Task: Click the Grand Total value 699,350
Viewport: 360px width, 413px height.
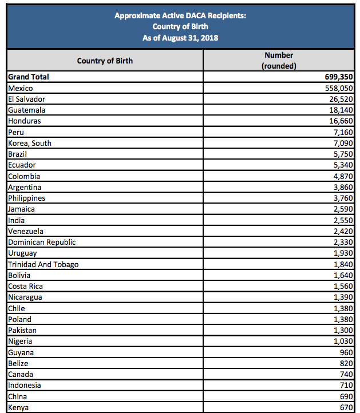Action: pyautogui.click(x=338, y=77)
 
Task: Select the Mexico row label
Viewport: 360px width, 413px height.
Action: pyautogui.click(x=21, y=88)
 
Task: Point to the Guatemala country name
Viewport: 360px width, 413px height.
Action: pyautogui.click(x=27, y=110)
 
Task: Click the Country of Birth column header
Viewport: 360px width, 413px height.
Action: pyautogui.click(x=105, y=61)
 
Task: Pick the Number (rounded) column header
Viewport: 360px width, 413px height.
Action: pyautogui.click(x=279, y=61)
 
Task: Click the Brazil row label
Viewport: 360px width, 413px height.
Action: pyautogui.click(x=18, y=154)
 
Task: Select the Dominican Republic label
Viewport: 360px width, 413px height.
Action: pyautogui.click(x=42, y=242)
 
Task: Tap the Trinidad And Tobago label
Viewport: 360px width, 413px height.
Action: pyautogui.click(x=43, y=264)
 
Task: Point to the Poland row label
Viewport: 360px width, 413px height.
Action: pyautogui.click(x=20, y=319)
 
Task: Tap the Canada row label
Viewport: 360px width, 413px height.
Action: pyautogui.click(x=21, y=374)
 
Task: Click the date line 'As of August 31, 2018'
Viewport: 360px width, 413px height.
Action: pyautogui.click(x=180, y=38)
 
